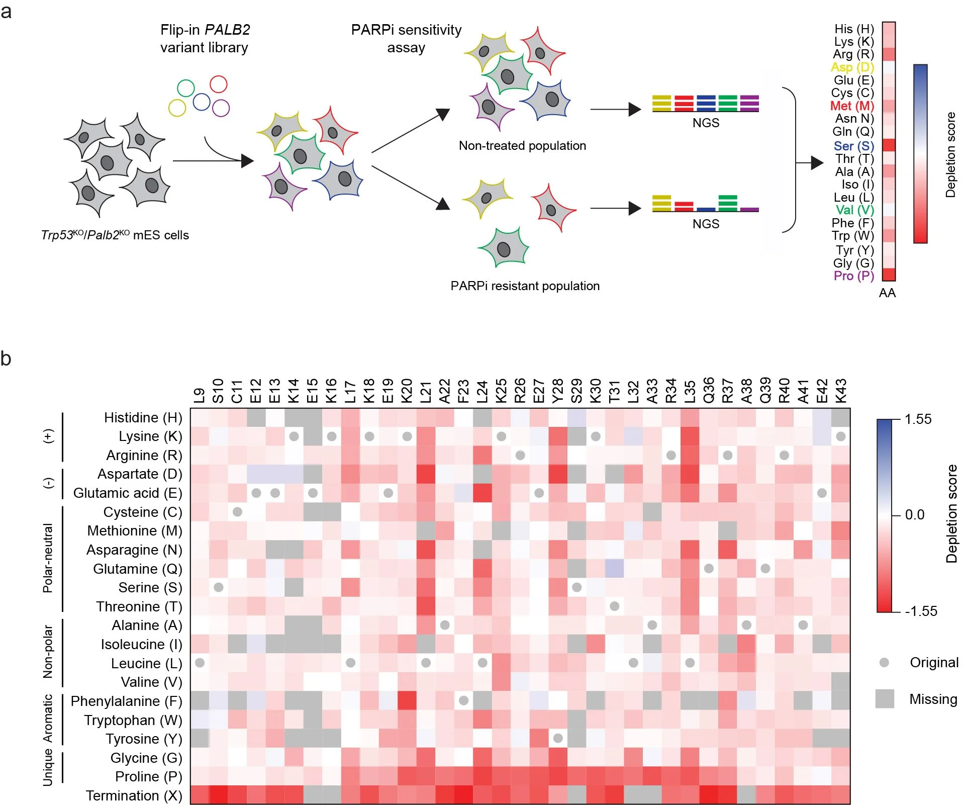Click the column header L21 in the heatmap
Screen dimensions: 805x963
426,391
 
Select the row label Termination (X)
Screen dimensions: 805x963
134,795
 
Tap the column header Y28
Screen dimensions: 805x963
558,391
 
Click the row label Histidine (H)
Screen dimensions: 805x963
143,417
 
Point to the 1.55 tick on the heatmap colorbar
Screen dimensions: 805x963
918,419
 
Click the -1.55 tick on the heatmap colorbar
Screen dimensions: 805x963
921,611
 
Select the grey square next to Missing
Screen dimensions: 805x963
885,699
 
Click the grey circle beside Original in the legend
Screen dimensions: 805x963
884,662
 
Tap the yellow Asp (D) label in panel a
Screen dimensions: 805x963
852,67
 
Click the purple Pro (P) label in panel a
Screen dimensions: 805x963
853,276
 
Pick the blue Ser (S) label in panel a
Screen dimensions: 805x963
853,146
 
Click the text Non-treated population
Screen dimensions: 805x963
522,146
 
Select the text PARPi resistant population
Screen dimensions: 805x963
525,286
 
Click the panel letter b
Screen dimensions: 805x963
6,359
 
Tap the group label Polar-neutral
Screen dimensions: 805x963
48,558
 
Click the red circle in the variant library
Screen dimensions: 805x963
219,84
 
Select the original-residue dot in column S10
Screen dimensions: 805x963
219,587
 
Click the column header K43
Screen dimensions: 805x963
841,391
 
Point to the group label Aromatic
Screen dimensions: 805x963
48,719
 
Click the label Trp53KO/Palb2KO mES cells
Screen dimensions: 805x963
115,235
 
